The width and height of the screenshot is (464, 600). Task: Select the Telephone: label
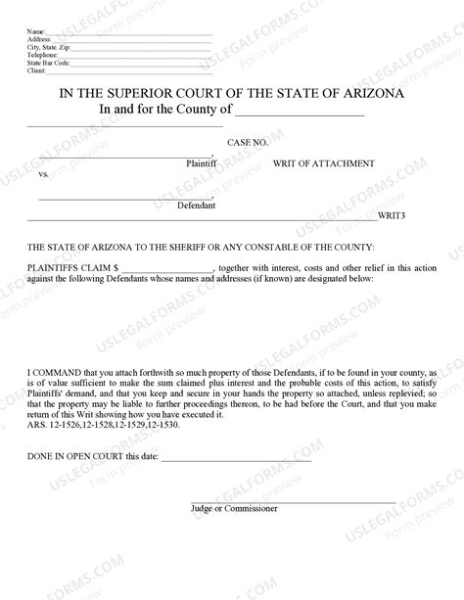point(41,56)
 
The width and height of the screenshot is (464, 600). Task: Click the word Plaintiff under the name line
point(201,164)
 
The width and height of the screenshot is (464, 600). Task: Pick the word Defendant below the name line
point(196,206)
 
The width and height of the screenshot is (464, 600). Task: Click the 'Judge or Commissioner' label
point(234,509)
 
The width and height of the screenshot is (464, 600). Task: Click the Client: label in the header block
point(36,71)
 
